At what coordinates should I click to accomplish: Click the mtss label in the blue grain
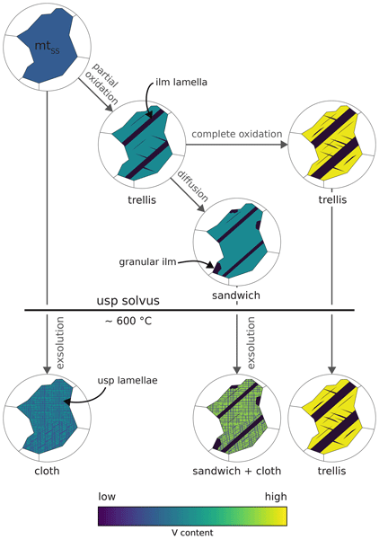pyautogui.click(x=47, y=47)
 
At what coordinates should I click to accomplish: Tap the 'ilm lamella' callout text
pyautogui.click(x=181, y=82)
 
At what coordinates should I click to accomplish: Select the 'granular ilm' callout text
pyautogui.click(x=147, y=262)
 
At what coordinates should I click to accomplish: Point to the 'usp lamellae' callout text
pyautogui.click(x=128, y=381)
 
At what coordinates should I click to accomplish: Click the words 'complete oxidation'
pyautogui.click(x=237, y=134)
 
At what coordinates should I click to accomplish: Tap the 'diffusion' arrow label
pyautogui.click(x=192, y=185)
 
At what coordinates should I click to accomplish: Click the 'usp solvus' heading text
pyautogui.click(x=128, y=301)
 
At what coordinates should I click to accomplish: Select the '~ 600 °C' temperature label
pyautogui.click(x=128, y=321)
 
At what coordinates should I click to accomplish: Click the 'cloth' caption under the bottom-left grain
pyautogui.click(x=47, y=471)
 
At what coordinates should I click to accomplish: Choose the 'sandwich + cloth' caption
pyautogui.click(x=237, y=471)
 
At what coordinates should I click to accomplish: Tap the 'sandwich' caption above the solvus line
pyautogui.click(x=236, y=296)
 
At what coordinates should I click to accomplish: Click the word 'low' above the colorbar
pyautogui.click(x=107, y=497)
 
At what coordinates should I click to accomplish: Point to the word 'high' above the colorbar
pyautogui.click(x=276, y=497)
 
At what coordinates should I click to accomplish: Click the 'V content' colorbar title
pyautogui.click(x=192, y=533)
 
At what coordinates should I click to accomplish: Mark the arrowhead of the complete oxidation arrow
pyautogui.click(x=284, y=145)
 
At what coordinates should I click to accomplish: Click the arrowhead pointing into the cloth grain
pyautogui.click(x=47, y=370)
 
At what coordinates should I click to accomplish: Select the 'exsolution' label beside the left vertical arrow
pyautogui.click(x=60, y=343)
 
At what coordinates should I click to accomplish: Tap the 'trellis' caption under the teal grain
pyautogui.click(x=142, y=199)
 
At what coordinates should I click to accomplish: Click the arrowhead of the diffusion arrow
pyautogui.click(x=201, y=208)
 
